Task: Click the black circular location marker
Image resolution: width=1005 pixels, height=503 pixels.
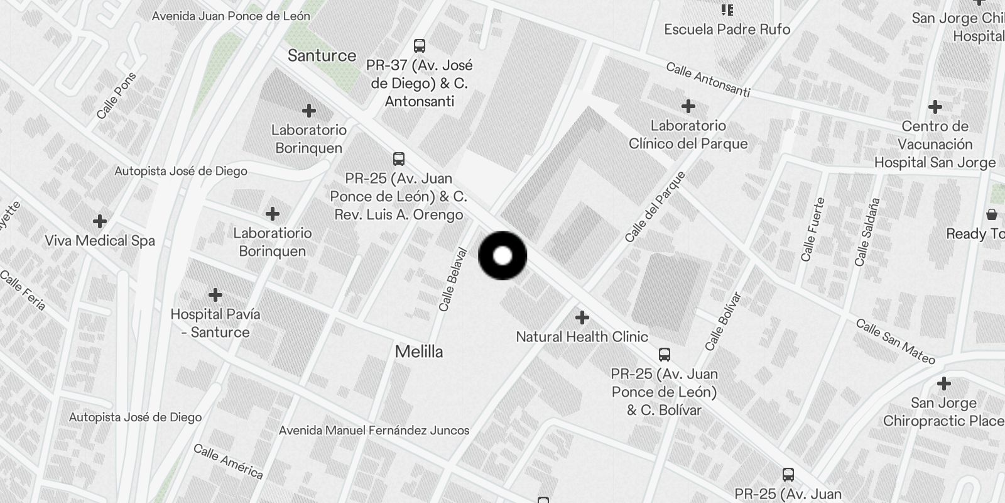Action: click(x=503, y=255)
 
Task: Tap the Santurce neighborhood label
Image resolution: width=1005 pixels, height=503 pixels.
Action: click(x=322, y=56)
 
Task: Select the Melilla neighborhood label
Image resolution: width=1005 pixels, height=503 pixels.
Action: click(x=419, y=351)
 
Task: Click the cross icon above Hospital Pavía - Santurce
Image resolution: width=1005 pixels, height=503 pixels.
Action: click(x=215, y=295)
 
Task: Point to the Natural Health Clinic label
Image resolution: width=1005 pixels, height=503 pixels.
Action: click(x=582, y=337)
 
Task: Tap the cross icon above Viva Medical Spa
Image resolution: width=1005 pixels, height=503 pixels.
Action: click(x=99, y=221)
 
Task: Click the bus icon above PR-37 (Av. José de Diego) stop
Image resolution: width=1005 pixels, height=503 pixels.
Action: click(x=419, y=46)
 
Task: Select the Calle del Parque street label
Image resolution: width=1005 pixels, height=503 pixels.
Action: click(x=655, y=207)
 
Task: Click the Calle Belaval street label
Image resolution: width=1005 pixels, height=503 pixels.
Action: click(x=453, y=280)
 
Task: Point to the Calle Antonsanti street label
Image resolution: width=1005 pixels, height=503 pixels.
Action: click(x=708, y=80)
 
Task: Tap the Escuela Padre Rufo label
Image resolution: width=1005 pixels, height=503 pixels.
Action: click(x=727, y=30)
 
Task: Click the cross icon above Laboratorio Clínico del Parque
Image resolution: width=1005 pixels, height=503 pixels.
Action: click(x=688, y=106)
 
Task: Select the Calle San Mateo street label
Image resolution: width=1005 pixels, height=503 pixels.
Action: click(x=896, y=342)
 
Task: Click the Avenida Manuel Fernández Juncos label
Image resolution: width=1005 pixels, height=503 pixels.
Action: click(x=374, y=431)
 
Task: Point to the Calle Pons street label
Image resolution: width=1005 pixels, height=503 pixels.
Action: click(x=116, y=96)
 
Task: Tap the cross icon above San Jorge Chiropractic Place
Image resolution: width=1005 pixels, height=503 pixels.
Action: click(x=943, y=384)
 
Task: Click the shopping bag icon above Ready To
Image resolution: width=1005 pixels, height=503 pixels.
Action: click(x=992, y=214)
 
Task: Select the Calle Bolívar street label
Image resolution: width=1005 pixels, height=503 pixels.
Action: click(x=723, y=321)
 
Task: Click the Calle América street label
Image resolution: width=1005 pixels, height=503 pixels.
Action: click(x=228, y=462)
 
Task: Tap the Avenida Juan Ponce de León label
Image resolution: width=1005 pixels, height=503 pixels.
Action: click(x=231, y=16)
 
